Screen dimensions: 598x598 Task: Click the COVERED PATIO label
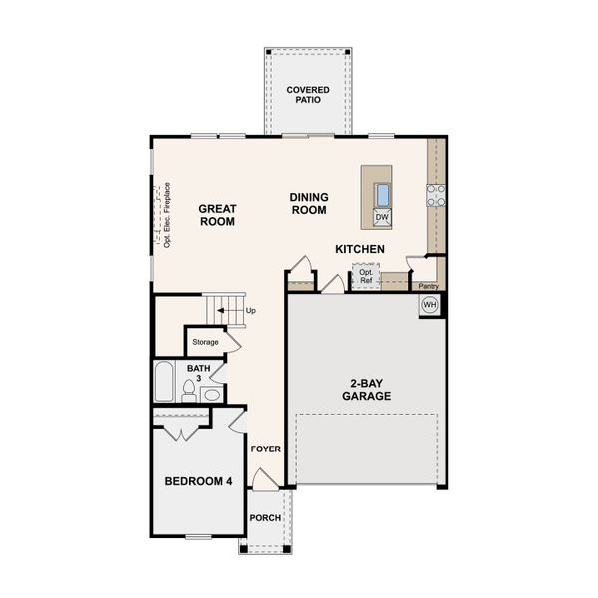point(308,96)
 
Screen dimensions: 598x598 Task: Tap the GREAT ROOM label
point(216,215)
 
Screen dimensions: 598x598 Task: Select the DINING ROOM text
point(309,204)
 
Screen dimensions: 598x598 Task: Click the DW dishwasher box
point(382,216)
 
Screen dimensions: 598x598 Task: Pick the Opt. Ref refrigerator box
point(366,276)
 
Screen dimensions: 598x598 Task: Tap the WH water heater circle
point(430,304)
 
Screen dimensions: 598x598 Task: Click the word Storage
point(206,342)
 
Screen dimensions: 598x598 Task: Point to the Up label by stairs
point(250,311)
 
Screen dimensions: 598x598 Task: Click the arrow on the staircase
point(227,311)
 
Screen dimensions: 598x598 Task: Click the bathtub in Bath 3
point(165,382)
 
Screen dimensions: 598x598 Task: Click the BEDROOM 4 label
point(198,482)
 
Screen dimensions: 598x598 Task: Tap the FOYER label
point(266,449)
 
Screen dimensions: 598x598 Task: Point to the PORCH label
point(265,518)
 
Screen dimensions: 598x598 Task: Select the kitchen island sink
point(382,193)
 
